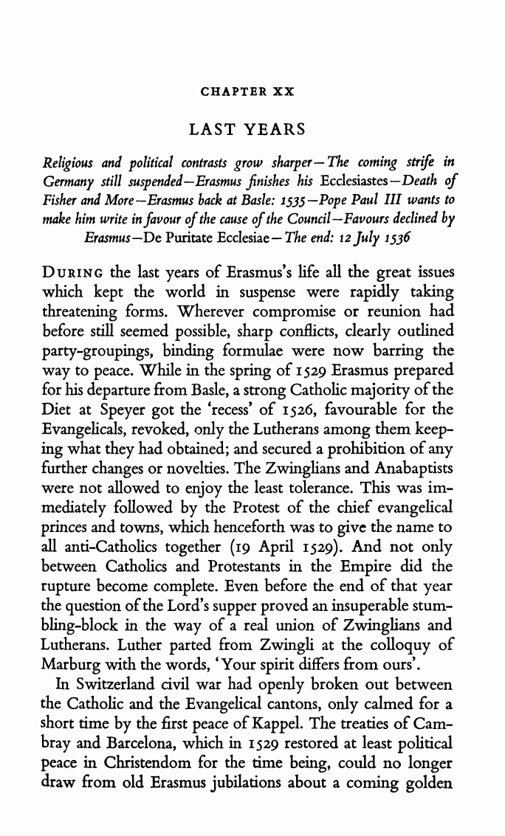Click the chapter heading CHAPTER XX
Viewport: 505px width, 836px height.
pyautogui.click(x=247, y=92)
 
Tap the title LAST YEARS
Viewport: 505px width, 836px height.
pyautogui.click(x=247, y=130)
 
